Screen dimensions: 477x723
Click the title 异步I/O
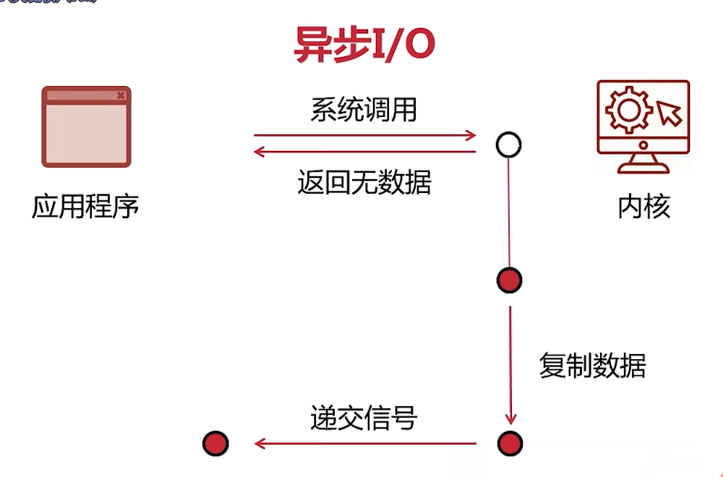click(364, 45)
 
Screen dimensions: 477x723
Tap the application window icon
click(86, 126)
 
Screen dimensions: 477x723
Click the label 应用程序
click(85, 207)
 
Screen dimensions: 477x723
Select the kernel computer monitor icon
click(643, 126)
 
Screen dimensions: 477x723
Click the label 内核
click(643, 207)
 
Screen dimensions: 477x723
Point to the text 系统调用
click(364, 110)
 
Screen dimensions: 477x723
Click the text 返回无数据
click(364, 183)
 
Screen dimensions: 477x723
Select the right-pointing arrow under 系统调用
click(365, 135)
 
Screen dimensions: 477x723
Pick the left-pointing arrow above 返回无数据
click(365, 152)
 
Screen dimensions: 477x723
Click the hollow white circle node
click(509, 145)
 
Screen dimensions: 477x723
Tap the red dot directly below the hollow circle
click(509, 280)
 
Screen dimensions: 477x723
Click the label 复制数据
click(592, 366)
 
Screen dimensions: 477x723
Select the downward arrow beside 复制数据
click(510, 365)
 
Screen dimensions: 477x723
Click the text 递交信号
click(364, 418)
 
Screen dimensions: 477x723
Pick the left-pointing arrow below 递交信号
click(365, 443)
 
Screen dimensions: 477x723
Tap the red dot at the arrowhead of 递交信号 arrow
click(215, 443)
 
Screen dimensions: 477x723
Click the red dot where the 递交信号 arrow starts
click(509, 443)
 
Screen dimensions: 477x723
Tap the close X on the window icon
click(121, 95)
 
